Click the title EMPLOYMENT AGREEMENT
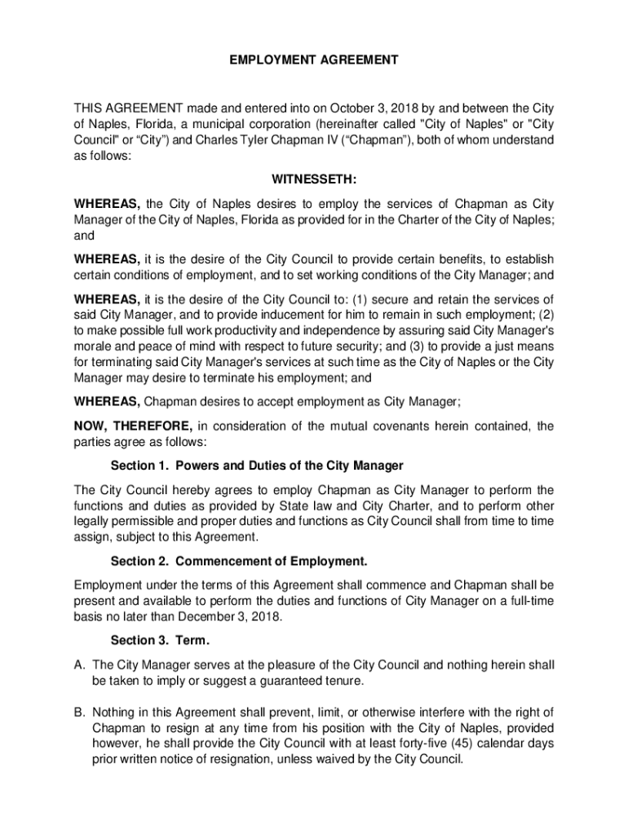click(313, 60)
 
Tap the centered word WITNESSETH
click(313, 179)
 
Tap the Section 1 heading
click(257, 466)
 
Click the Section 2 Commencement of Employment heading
click(239, 561)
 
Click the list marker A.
click(79, 665)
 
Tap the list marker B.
click(79, 712)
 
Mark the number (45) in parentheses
click(440, 744)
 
